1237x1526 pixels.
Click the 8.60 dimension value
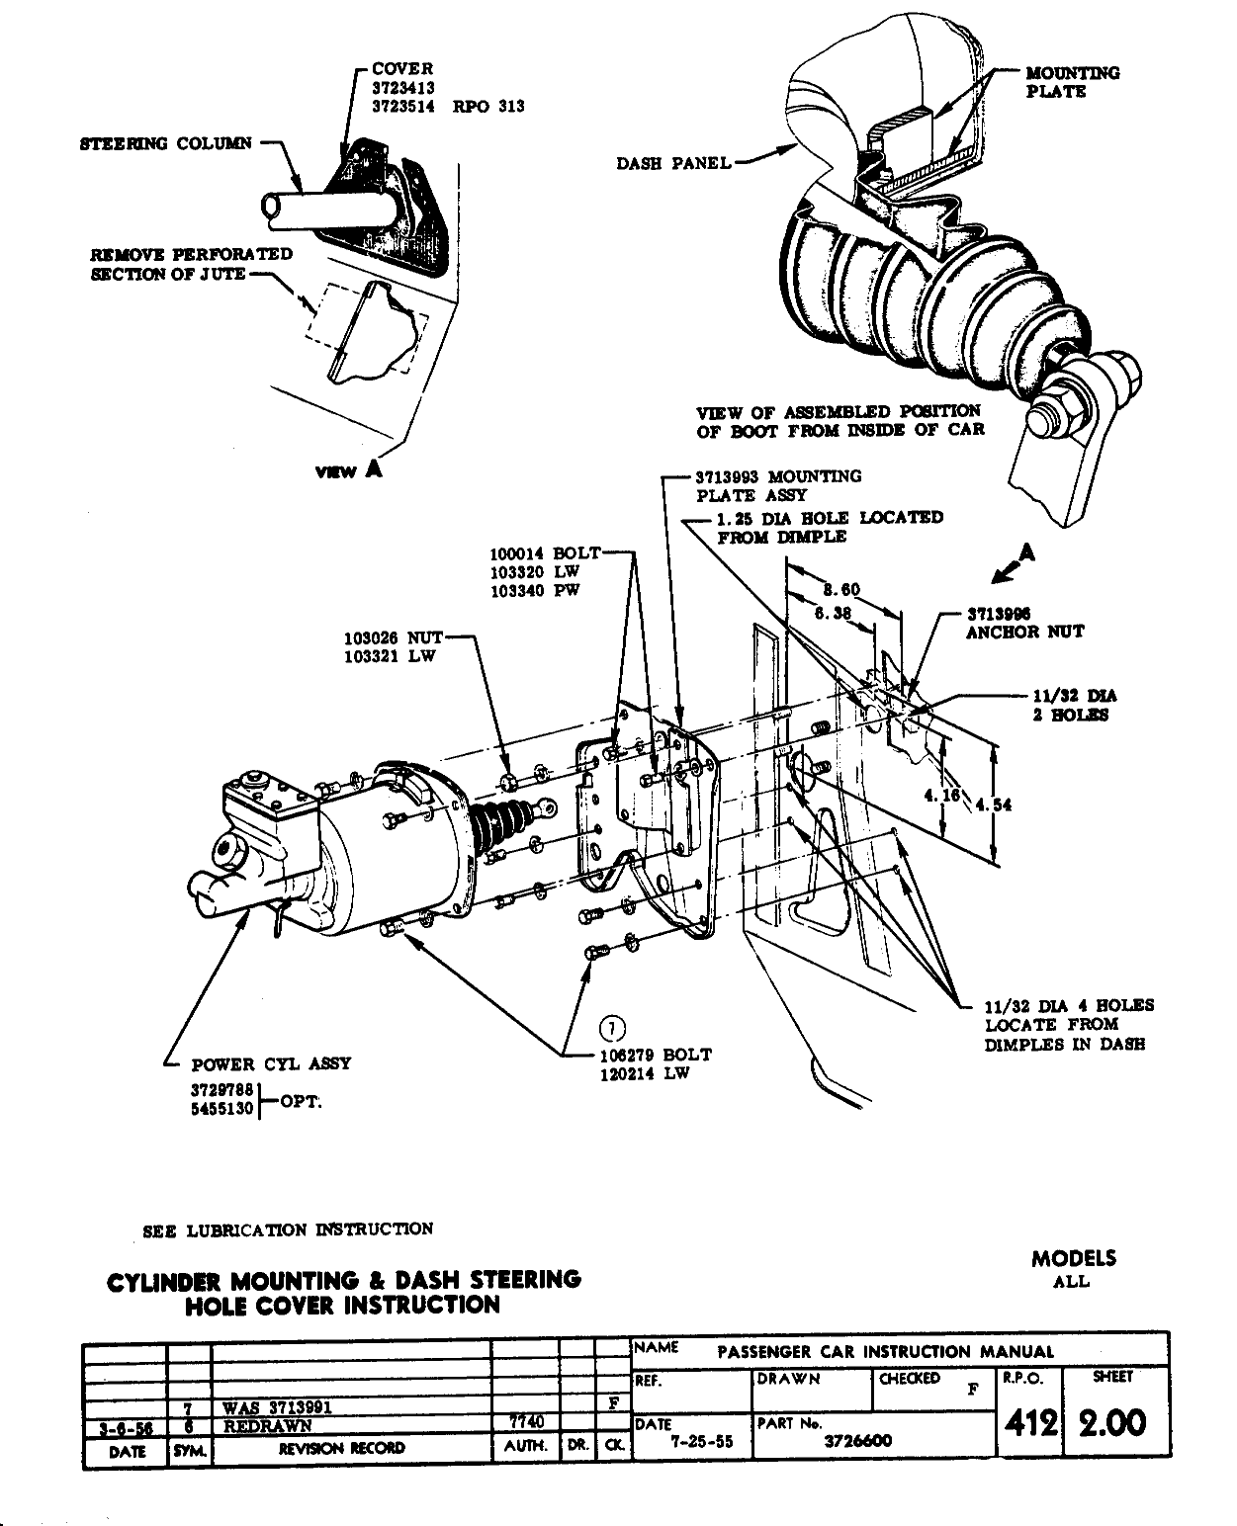841,590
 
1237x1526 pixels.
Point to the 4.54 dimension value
994,805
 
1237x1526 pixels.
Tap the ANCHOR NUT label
1024,632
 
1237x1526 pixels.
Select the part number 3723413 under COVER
403,88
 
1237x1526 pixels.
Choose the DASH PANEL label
673,164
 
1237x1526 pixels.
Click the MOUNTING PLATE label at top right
1072,82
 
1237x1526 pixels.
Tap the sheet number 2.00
1112,1422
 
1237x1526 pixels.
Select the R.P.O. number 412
1029,1422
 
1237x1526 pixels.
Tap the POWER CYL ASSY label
271,1064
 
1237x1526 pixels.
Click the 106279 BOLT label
656,1055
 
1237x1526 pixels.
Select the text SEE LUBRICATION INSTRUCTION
288,1230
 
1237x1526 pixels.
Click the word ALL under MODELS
1072,1282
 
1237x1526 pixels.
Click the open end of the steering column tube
273,206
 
